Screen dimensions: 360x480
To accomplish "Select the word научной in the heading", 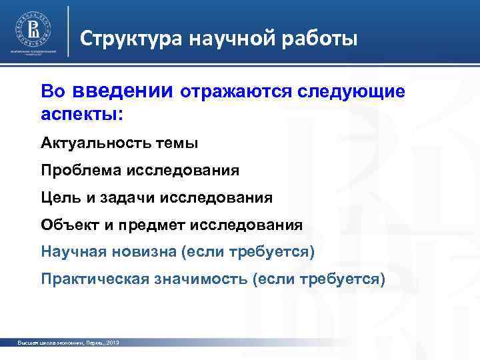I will click(x=230, y=39).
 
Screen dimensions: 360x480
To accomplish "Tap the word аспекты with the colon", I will click(x=82, y=113).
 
